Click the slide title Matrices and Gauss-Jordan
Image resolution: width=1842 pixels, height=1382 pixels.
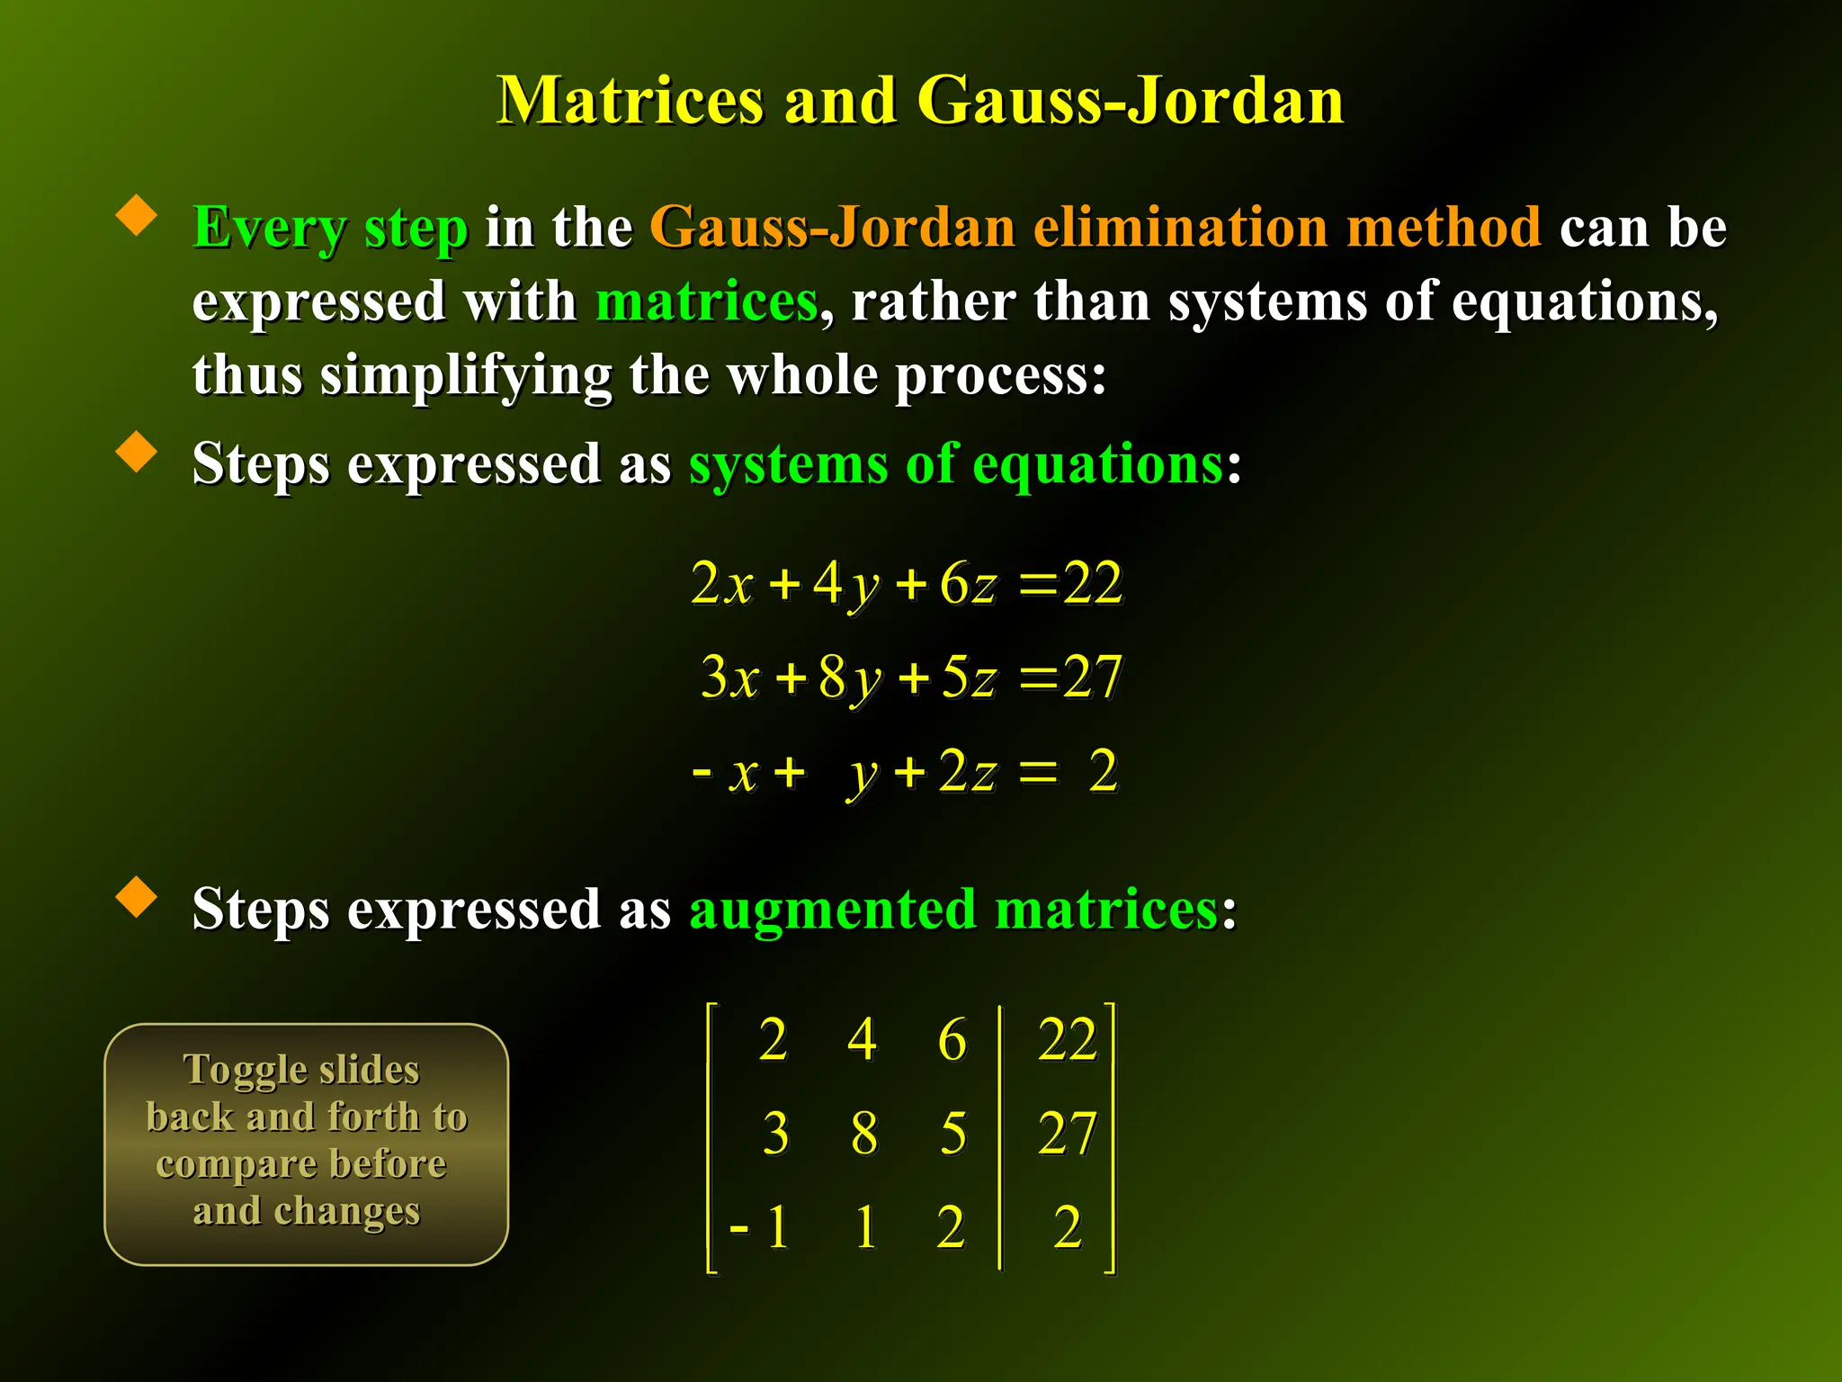coord(919,100)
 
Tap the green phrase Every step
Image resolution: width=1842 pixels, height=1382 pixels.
coord(330,227)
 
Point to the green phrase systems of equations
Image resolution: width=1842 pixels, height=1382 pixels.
coord(956,464)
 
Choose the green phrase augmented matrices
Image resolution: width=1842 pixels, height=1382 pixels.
coord(953,909)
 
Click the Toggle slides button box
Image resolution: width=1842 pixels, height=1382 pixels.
coord(307,1144)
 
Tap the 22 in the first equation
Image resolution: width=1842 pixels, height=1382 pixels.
coord(1092,583)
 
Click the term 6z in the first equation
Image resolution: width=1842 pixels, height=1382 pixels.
coord(968,583)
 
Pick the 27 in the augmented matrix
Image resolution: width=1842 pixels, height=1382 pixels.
coord(1067,1133)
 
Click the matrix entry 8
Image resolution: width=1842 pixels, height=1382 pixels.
coord(863,1133)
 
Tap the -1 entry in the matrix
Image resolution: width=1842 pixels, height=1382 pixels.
coord(760,1226)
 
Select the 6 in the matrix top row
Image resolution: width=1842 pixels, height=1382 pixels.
coord(952,1039)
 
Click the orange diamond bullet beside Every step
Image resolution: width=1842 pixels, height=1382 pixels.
coord(137,216)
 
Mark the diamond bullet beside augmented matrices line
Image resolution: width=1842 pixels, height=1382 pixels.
coord(137,898)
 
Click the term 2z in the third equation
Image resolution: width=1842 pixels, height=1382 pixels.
coord(968,772)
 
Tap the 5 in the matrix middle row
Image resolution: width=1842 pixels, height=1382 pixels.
coord(953,1133)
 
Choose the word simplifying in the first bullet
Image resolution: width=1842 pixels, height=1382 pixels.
coord(466,374)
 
